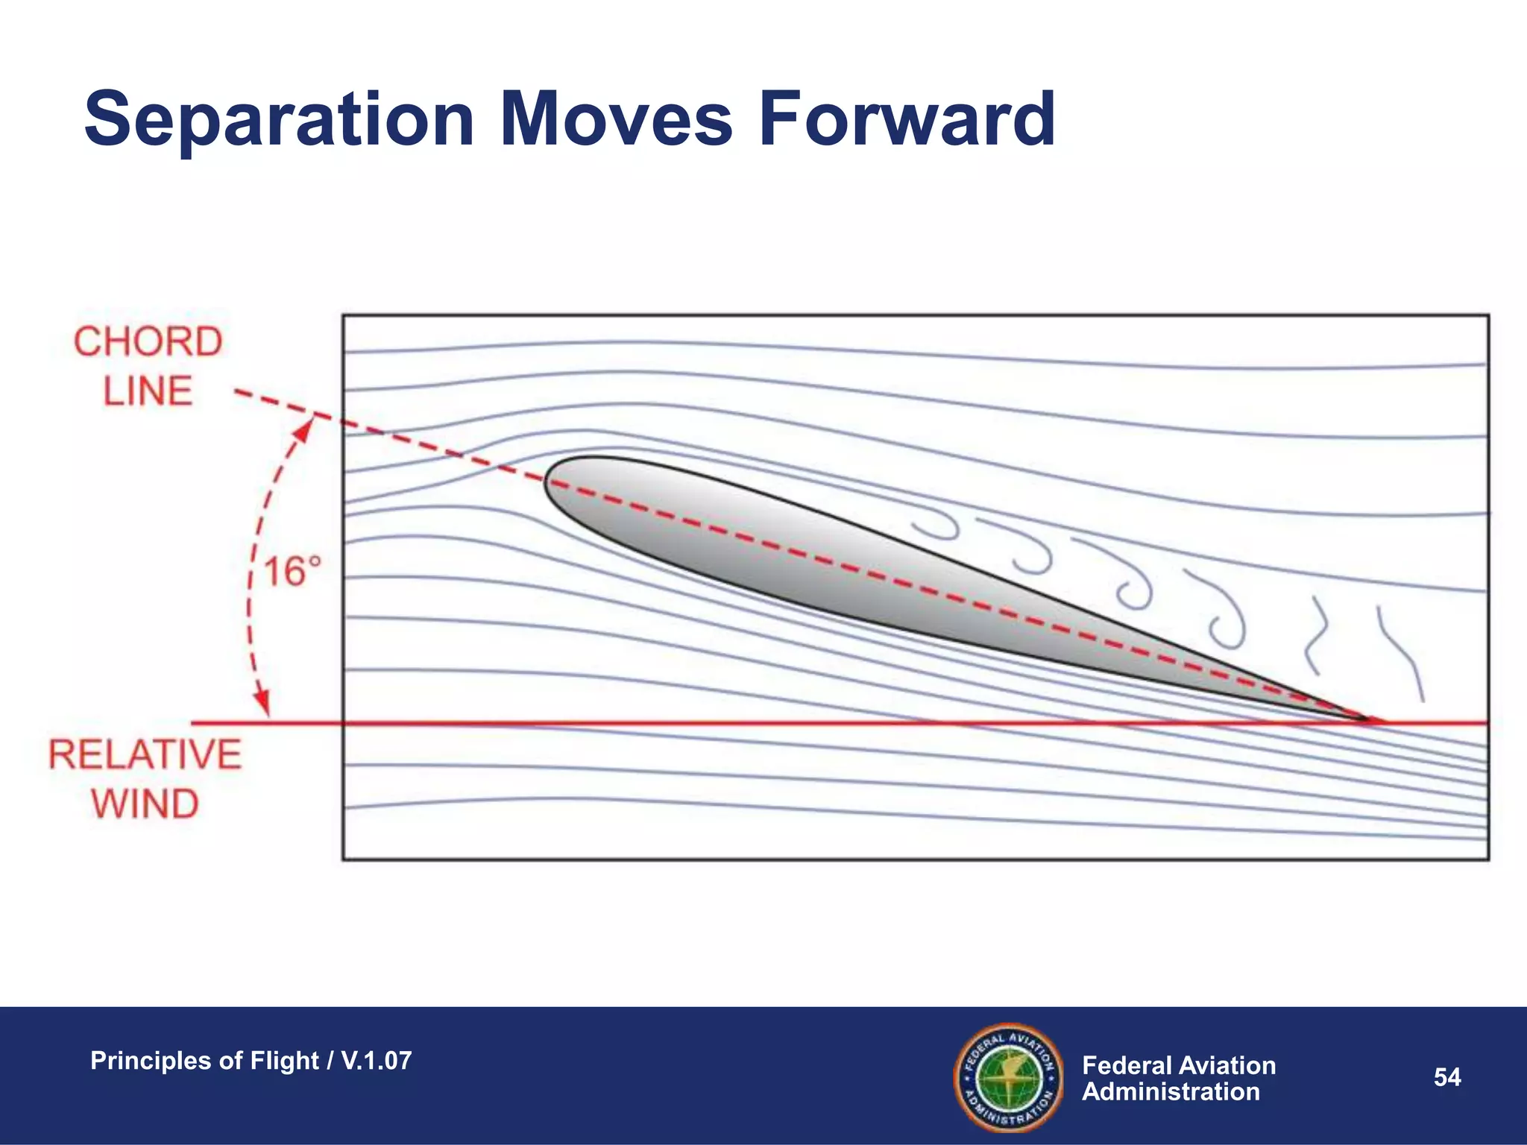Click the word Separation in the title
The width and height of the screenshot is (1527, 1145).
pos(280,119)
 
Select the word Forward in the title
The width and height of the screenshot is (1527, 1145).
pos(907,119)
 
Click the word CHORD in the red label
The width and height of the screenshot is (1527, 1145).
pos(148,342)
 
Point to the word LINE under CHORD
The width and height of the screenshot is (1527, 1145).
pos(148,391)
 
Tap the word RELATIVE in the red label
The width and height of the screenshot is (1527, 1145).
pos(145,754)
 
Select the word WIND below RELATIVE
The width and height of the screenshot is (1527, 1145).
pos(145,804)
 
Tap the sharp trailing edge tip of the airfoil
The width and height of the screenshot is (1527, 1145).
pos(1376,720)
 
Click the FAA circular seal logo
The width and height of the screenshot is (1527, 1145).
pos(1008,1076)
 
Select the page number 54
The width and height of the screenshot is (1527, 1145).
pos(1447,1077)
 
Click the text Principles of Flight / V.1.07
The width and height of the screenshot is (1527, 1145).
pos(251,1060)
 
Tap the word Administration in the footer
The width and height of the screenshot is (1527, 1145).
pos(1171,1092)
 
